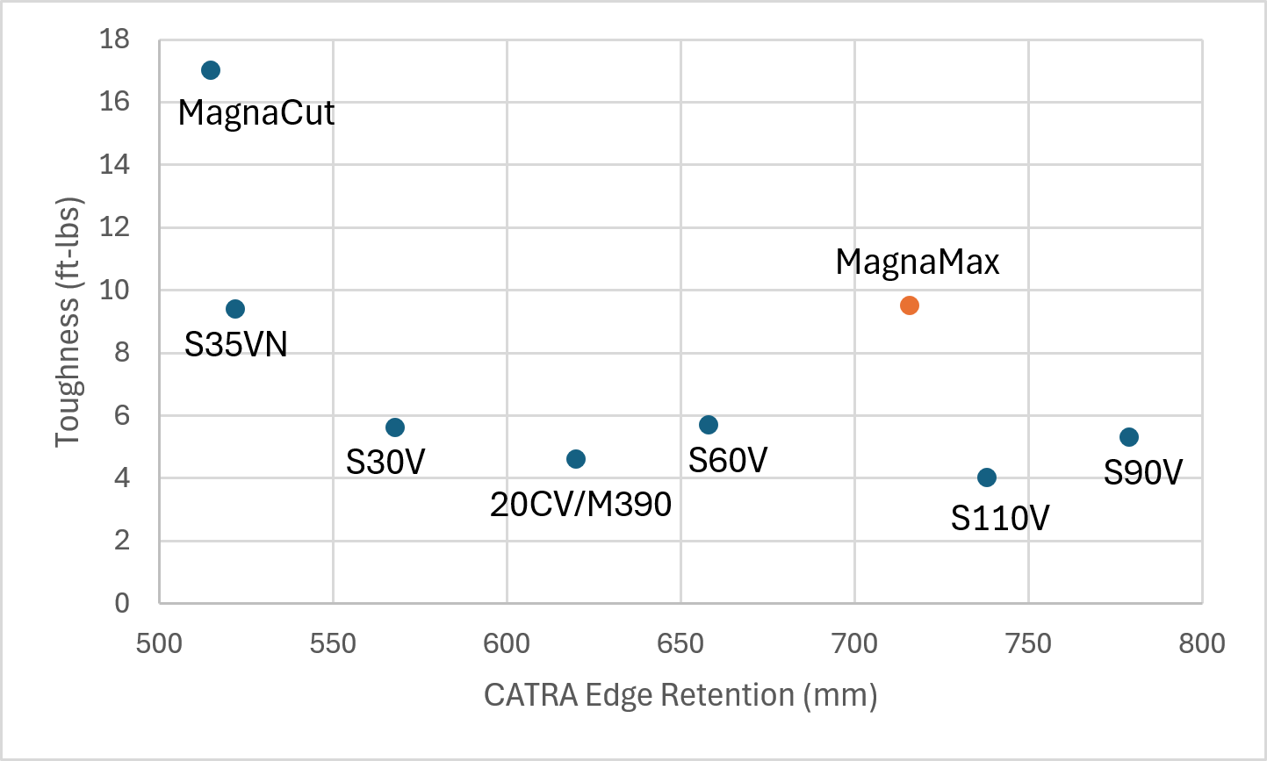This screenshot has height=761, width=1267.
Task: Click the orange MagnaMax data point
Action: tap(910, 305)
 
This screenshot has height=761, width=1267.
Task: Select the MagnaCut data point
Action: tap(211, 70)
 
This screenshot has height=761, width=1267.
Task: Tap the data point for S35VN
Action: tap(235, 309)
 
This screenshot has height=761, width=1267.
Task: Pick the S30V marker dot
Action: tap(395, 427)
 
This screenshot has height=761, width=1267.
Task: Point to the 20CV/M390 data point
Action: tap(576, 459)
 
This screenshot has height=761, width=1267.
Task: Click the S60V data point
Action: tap(709, 425)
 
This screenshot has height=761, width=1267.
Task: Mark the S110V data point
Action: tap(987, 477)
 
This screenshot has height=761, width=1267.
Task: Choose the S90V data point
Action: tap(1129, 437)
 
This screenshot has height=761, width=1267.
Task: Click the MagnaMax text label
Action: tap(918, 262)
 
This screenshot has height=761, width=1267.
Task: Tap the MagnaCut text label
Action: tap(256, 113)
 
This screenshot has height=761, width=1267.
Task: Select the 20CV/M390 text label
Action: tap(580, 504)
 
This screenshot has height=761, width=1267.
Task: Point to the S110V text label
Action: tap(1000, 519)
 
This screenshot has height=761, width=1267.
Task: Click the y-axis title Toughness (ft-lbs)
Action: tap(68, 321)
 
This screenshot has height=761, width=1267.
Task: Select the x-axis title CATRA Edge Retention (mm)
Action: tap(680, 695)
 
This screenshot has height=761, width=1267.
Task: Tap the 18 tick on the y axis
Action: tap(114, 39)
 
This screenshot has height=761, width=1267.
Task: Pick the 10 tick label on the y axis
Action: tap(114, 290)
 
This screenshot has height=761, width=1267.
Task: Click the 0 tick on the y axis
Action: tap(121, 603)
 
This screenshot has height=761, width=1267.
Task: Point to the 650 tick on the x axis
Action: tap(680, 644)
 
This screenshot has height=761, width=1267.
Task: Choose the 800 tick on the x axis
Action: tap(1202, 644)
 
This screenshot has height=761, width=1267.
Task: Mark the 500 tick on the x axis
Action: tap(159, 644)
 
